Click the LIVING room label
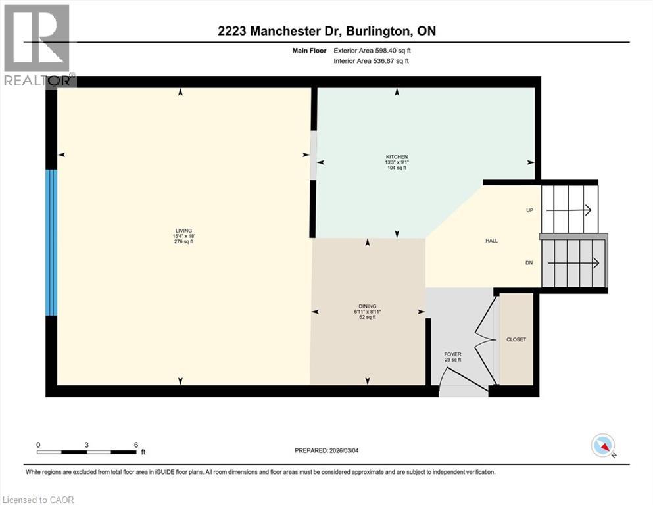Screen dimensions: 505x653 coord(183,230)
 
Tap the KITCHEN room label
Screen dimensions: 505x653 coord(397,156)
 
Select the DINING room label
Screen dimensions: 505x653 coord(367,306)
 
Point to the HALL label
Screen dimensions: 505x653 coord(491,241)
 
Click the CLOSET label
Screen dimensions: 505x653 coord(516,339)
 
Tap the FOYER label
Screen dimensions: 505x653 coord(452,354)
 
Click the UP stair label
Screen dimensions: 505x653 coord(529,210)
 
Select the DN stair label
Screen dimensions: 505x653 coord(529,263)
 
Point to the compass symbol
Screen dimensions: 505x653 coord(602,446)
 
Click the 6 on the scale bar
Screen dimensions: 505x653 coord(135,445)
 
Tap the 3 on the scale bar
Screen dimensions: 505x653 coord(87,445)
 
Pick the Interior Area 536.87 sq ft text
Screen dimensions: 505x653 coord(372,61)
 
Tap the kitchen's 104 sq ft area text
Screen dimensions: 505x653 coord(397,168)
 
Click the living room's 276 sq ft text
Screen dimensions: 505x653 coord(183,241)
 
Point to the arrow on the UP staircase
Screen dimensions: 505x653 coord(569,210)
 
